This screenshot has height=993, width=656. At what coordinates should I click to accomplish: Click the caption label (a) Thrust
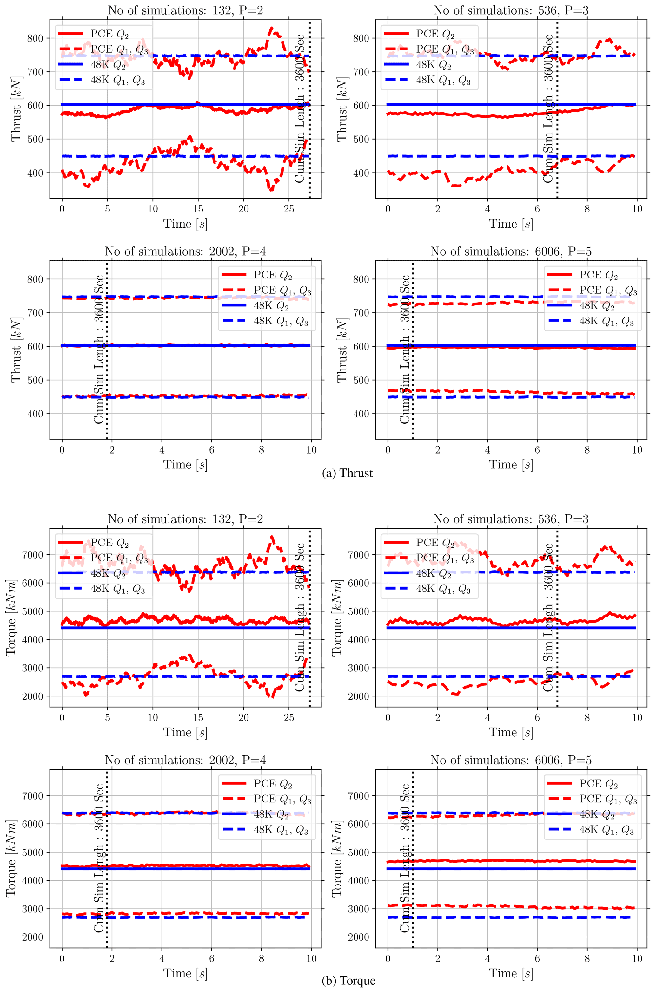coord(347,473)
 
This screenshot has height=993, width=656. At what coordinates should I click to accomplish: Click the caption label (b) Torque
coord(348,980)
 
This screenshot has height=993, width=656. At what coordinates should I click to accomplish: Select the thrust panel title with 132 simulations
coord(185,10)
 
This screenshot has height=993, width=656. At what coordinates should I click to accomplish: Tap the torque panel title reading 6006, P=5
coord(511,760)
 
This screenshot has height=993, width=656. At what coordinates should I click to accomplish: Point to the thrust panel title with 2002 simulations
coord(185,251)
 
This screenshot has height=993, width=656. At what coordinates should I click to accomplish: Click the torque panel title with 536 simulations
coord(511,519)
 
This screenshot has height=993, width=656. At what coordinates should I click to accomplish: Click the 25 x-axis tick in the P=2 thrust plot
coord(289,208)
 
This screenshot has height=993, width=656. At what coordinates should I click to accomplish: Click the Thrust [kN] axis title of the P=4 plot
coord(16,350)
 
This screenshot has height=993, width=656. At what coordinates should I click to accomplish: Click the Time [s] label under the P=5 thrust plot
coord(511,465)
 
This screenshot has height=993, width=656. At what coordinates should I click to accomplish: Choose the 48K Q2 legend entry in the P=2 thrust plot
coord(108,64)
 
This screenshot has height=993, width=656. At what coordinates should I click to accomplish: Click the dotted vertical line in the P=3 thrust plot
coord(557,125)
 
